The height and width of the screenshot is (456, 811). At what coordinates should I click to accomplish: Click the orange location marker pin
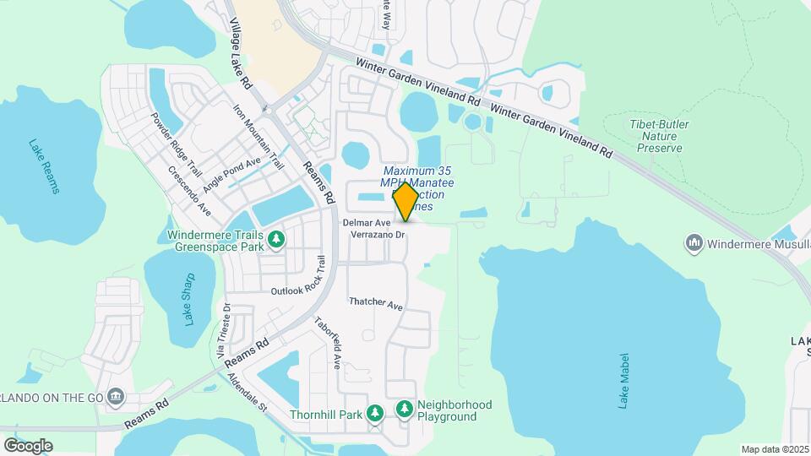click(405, 202)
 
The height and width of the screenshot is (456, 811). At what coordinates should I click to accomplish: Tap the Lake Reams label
click(44, 166)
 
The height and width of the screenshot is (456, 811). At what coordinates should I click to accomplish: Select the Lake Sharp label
click(188, 300)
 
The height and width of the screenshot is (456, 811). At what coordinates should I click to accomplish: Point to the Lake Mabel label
click(624, 381)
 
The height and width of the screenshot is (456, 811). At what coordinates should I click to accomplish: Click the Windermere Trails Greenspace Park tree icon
click(275, 242)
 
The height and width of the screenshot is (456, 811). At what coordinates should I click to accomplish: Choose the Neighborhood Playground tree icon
click(405, 409)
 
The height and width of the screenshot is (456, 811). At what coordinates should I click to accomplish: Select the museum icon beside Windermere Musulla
click(694, 243)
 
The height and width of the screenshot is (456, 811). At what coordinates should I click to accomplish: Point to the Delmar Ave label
click(366, 223)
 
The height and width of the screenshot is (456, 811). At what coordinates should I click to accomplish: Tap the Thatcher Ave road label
click(376, 303)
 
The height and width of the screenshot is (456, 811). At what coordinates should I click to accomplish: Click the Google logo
click(28, 446)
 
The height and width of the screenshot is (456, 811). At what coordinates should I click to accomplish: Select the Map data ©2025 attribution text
click(775, 449)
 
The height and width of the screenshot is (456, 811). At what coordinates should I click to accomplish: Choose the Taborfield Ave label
click(329, 344)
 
